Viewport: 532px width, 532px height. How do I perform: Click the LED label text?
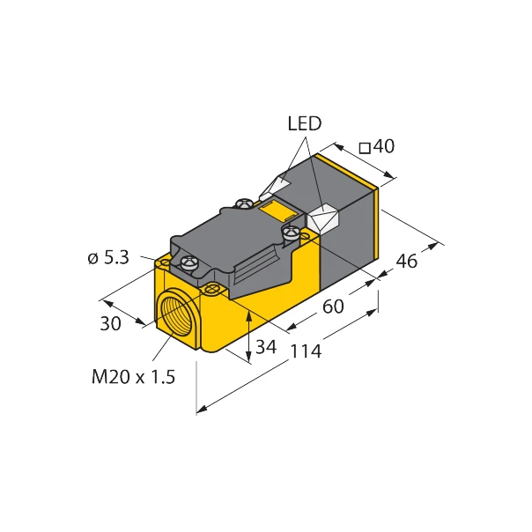click(305, 124)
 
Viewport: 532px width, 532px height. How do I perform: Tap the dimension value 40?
click(383, 146)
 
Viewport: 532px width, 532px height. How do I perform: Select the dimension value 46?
click(405, 262)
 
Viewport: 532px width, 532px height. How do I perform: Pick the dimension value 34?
click(265, 347)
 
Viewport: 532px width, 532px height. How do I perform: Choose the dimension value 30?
click(110, 323)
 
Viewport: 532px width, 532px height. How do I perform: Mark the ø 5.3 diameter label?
click(109, 258)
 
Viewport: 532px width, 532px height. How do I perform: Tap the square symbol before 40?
click(366, 146)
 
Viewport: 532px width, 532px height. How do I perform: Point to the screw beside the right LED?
click(290, 233)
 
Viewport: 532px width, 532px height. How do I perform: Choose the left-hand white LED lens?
click(276, 188)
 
